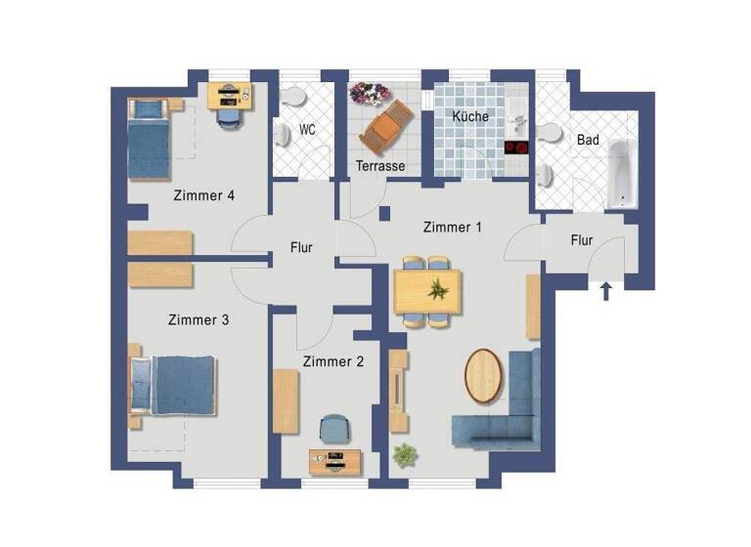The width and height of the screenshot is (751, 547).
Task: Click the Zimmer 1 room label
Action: coord(453,227)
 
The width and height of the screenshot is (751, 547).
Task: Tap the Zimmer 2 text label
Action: coord(333,361)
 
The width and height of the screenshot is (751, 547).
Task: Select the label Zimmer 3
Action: coord(199,319)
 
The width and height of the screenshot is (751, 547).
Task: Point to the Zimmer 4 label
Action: coord(203,195)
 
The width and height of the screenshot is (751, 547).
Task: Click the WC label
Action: coord(307,129)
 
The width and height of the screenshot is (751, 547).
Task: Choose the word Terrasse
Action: coord(380,166)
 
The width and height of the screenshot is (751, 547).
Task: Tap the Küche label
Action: coord(470,117)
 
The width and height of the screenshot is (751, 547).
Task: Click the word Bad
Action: coord(588,141)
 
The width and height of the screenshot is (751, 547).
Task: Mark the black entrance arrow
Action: coord(606,290)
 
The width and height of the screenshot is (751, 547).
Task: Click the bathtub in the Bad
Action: coord(621,173)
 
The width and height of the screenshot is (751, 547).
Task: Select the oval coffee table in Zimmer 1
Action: coord(483,375)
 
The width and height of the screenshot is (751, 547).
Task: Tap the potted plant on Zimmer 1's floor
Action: coord(403,454)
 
